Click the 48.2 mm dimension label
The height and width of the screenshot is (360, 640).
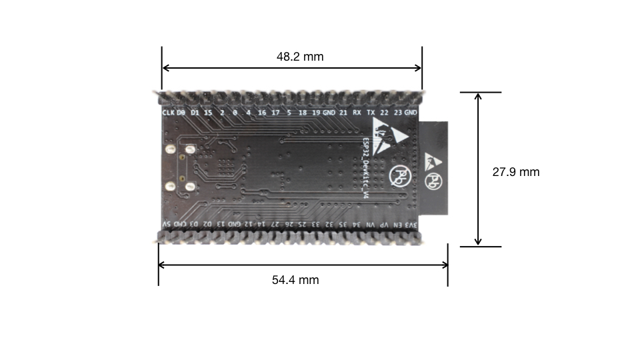(300, 57)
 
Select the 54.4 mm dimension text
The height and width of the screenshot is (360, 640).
(295, 280)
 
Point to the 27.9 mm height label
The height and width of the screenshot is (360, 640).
(515, 172)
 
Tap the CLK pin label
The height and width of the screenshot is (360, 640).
(168, 113)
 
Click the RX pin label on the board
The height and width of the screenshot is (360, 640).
(357, 113)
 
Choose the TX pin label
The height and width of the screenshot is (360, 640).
(371, 113)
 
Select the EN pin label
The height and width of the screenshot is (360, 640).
(398, 225)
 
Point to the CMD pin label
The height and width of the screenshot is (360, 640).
(179, 225)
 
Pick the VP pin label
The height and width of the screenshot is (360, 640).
(384, 225)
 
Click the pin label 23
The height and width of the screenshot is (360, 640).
(398, 113)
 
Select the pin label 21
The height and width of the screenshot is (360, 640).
(343, 113)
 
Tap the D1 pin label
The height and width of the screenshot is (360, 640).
(195, 113)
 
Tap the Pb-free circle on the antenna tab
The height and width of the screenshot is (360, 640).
(435, 181)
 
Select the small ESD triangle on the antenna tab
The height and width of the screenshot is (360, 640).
(433, 159)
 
